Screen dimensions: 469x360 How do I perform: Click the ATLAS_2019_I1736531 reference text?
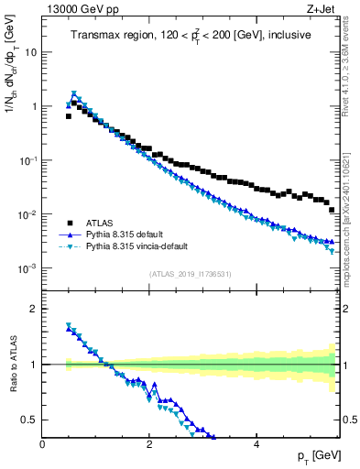(x=191, y=274)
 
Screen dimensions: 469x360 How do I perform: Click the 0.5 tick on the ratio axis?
(x=29, y=420)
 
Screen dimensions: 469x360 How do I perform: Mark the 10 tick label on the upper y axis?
(x=29, y=52)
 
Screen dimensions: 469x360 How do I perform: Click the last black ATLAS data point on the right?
(x=332, y=210)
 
